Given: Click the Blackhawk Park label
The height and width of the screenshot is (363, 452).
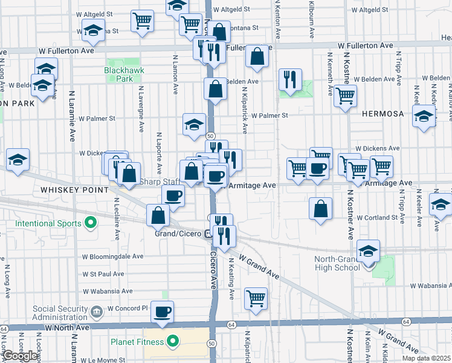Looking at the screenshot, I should pos(118,74).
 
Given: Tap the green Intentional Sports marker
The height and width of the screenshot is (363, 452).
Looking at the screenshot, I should pos(91,224).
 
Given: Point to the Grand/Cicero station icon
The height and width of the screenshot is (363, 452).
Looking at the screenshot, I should pos(207,234).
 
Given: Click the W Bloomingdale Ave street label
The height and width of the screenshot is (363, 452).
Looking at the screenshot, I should pos(112,257).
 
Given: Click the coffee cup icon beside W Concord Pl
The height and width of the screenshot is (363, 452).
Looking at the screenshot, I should pos(162,312).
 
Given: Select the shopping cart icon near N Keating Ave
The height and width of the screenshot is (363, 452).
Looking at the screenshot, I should pos(256,298).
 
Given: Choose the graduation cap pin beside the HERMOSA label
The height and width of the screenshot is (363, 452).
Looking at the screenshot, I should pos(424,115).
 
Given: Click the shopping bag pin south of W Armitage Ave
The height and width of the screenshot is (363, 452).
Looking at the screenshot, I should pos(321,208).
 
